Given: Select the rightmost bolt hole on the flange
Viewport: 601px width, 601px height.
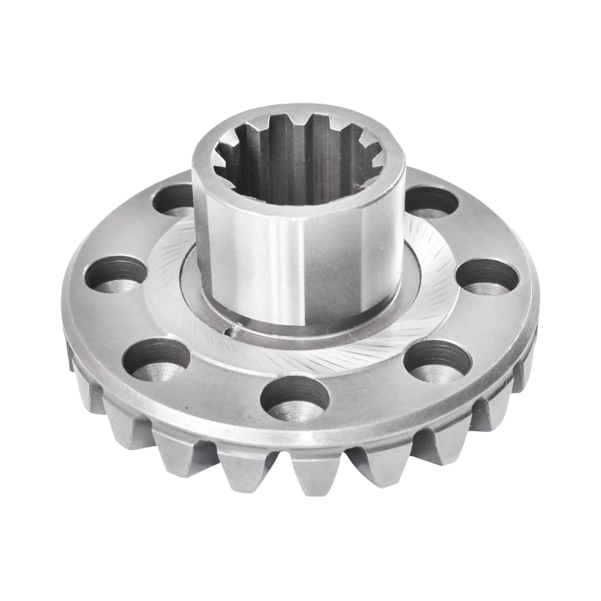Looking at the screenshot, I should point(488,276).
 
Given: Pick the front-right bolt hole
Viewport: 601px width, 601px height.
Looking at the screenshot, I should point(436,360).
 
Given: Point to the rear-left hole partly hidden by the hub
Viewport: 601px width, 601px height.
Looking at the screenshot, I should point(174,199).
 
